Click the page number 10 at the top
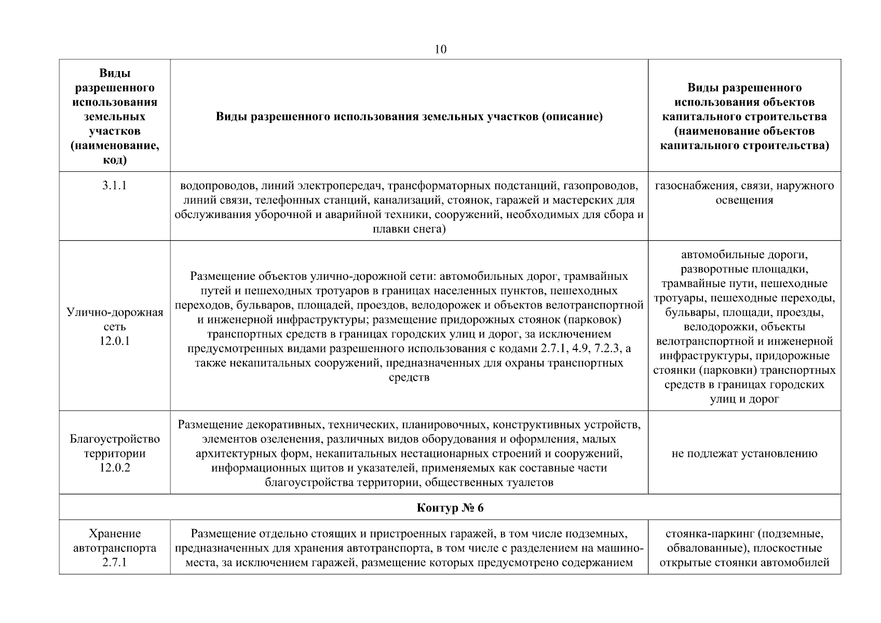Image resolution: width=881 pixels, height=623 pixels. [440, 49]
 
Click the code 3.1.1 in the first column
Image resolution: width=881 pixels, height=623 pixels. [115, 186]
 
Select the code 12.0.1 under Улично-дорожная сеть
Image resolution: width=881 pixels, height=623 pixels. [115, 342]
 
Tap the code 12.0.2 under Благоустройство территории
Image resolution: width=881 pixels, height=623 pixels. [115, 468]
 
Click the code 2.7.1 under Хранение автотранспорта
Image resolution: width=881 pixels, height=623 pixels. [115, 563]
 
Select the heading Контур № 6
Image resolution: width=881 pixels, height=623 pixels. [450, 508]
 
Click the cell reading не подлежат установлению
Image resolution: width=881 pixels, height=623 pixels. [744, 454]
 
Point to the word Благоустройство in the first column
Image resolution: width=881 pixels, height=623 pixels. [115, 439]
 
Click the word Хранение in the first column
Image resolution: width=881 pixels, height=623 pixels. [115, 534]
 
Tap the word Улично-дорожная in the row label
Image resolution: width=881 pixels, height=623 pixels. [115, 313]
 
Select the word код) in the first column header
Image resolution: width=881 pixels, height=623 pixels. [115, 160]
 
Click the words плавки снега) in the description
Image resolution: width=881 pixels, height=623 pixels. [409, 229]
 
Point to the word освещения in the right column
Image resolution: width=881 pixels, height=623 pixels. [744, 200]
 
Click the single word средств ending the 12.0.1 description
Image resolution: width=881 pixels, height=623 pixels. [409, 377]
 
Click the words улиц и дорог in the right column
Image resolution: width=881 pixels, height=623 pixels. [744, 399]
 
